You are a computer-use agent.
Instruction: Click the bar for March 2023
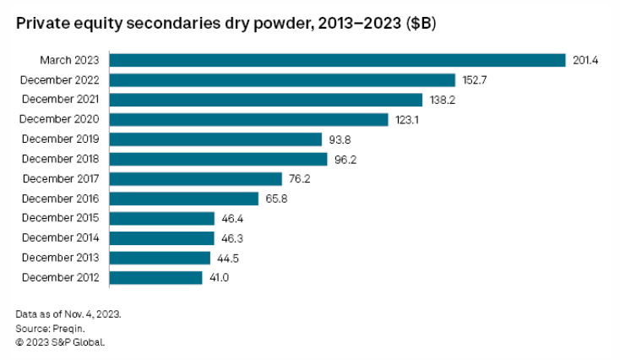click(x=337, y=60)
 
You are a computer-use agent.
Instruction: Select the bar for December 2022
click(x=282, y=80)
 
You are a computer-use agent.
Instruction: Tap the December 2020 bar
click(x=248, y=119)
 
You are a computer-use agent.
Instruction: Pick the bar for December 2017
click(x=195, y=178)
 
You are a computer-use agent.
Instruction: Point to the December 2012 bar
click(x=155, y=277)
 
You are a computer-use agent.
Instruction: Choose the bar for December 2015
click(x=161, y=218)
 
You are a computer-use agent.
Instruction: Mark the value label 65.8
click(x=275, y=199)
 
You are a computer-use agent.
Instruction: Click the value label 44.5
click(x=227, y=258)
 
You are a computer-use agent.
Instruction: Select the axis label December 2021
click(x=59, y=100)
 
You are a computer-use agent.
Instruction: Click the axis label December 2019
click(x=59, y=139)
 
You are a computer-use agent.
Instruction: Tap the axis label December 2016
click(x=59, y=199)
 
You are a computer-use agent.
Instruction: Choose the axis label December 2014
click(x=59, y=237)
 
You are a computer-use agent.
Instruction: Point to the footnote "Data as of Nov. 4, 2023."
click(x=68, y=314)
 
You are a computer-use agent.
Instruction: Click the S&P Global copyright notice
click(x=60, y=342)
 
